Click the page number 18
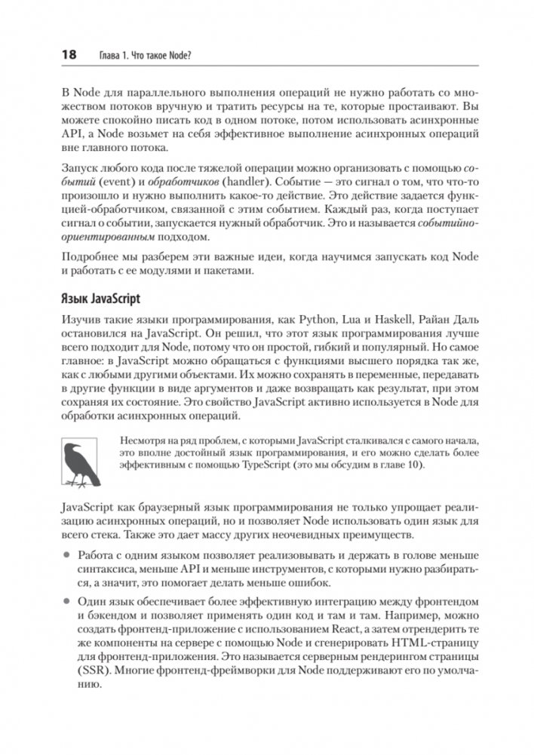(x=68, y=55)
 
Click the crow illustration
(x=82, y=463)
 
